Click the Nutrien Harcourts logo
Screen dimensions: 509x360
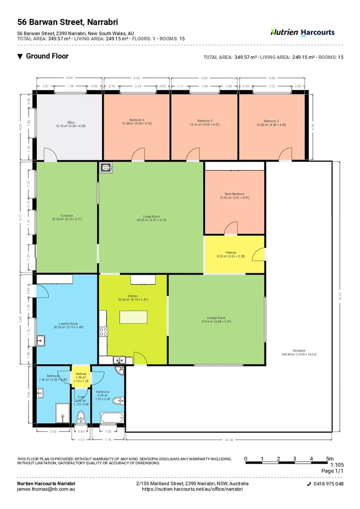pyautogui.click(x=303, y=32)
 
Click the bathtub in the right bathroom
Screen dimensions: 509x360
pyautogui.click(x=112, y=418)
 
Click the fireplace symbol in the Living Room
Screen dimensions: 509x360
pyautogui.click(x=105, y=167)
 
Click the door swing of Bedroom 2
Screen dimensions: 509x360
pyautogui.click(x=285, y=154)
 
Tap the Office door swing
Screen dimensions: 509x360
pyautogui.click(x=49, y=155)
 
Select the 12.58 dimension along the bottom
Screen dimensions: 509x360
pyautogui.click(x=229, y=440)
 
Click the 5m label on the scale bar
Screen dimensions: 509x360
pyautogui.click(x=330, y=459)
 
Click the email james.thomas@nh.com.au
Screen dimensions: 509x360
pyautogui.click(x=46, y=489)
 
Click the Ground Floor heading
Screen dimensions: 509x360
pyautogui.click(x=47, y=56)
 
